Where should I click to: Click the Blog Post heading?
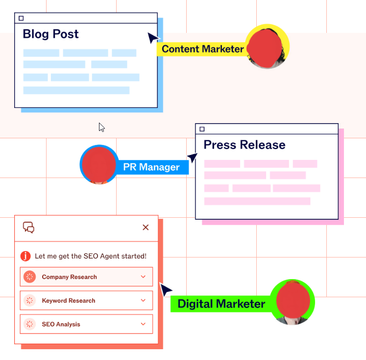(50, 34)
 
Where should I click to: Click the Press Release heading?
(244, 145)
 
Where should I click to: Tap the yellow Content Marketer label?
(202, 49)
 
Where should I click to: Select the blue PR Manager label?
(151, 167)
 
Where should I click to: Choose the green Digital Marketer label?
(221, 304)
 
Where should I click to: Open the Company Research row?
(86, 277)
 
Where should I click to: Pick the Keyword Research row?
(86, 300)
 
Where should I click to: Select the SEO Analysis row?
(86, 324)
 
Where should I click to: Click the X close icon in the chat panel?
(146, 228)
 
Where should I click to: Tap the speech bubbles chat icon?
(29, 228)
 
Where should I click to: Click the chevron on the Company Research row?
(143, 277)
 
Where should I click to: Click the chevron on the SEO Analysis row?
(143, 324)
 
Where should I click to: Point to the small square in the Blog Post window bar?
(21, 19)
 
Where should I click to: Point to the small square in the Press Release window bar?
(202, 129)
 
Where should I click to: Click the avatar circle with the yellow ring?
(267, 47)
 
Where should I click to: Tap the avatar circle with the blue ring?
(99, 165)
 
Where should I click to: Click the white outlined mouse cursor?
(101, 127)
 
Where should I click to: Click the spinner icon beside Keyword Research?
(29, 300)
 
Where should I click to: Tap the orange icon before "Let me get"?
(25, 256)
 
